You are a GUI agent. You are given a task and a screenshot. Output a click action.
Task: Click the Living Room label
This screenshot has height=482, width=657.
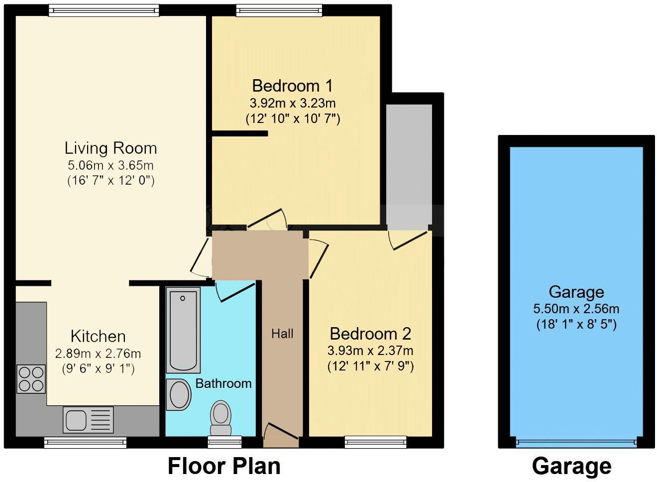coord(110,148)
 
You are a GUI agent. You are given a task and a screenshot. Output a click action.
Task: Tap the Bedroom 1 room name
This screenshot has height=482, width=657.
coord(292,86)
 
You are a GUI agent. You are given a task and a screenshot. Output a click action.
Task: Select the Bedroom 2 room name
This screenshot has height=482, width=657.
coord(370,333)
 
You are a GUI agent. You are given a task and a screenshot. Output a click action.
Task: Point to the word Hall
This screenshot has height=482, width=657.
coord(282,334)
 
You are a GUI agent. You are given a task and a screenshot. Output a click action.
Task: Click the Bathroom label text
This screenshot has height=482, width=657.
coord(223,383)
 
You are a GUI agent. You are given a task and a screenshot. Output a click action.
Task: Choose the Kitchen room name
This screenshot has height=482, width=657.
coord(98,336)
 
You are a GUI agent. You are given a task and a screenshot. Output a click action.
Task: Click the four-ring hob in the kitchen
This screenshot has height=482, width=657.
coord(31,378)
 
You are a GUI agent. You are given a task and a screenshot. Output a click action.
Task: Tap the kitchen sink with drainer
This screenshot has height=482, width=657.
coord(88,419)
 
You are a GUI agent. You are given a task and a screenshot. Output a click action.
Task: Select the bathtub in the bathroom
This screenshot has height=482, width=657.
coord(183,329)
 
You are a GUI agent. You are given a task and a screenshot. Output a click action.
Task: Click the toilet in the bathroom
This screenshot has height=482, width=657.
coord(220,418)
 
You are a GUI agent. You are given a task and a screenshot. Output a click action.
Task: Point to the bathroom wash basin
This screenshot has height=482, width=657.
coord(179,395)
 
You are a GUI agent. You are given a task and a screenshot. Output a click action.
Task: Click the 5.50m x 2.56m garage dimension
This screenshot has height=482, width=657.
coord(576,309)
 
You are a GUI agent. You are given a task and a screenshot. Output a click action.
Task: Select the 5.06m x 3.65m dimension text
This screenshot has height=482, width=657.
coord(110,165)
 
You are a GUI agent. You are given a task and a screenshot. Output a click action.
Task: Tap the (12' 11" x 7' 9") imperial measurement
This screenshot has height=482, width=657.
coord(370,366)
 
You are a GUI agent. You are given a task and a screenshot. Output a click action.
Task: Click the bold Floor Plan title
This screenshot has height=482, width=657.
coord(224,467)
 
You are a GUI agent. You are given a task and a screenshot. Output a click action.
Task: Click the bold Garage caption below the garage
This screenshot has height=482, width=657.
coord(571,467)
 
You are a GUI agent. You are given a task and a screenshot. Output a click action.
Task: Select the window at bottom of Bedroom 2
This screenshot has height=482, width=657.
coord(376,442)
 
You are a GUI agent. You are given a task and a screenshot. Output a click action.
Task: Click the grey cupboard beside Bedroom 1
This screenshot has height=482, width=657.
coord(409,164)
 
